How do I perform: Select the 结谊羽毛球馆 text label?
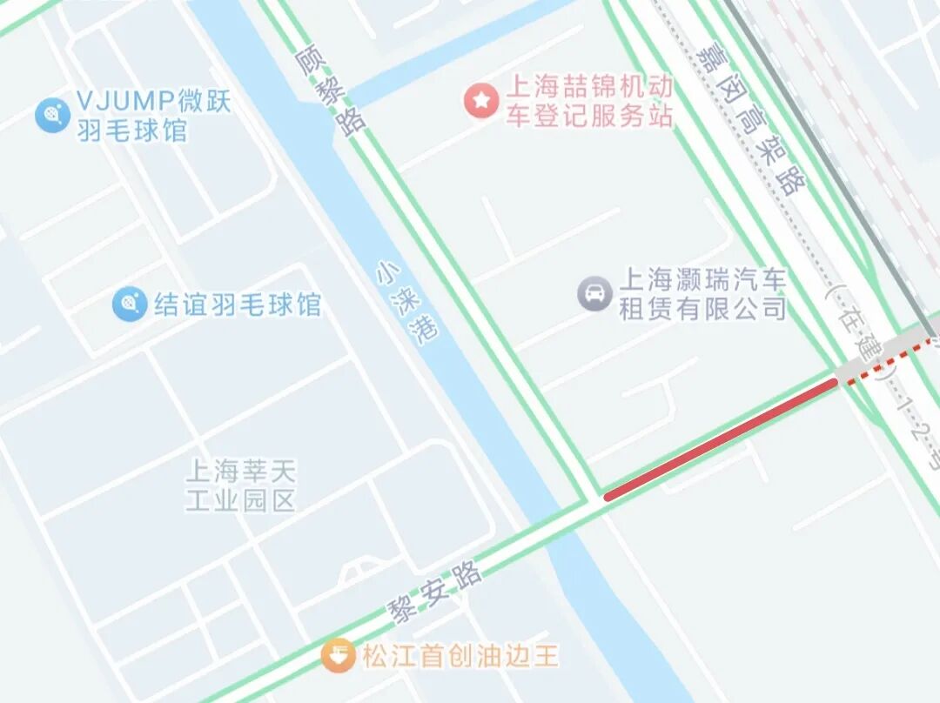click(x=237, y=305)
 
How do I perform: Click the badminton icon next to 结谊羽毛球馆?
click(x=129, y=304)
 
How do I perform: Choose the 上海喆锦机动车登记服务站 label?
click(x=590, y=102)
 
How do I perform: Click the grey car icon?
click(x=595, y=293)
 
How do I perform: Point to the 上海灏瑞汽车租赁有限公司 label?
click(x=702, y=294)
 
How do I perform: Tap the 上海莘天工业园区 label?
click(x=241, y=486)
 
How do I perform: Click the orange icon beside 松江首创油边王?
click(x=338, y=654)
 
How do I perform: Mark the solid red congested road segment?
click(x=721, y=439)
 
